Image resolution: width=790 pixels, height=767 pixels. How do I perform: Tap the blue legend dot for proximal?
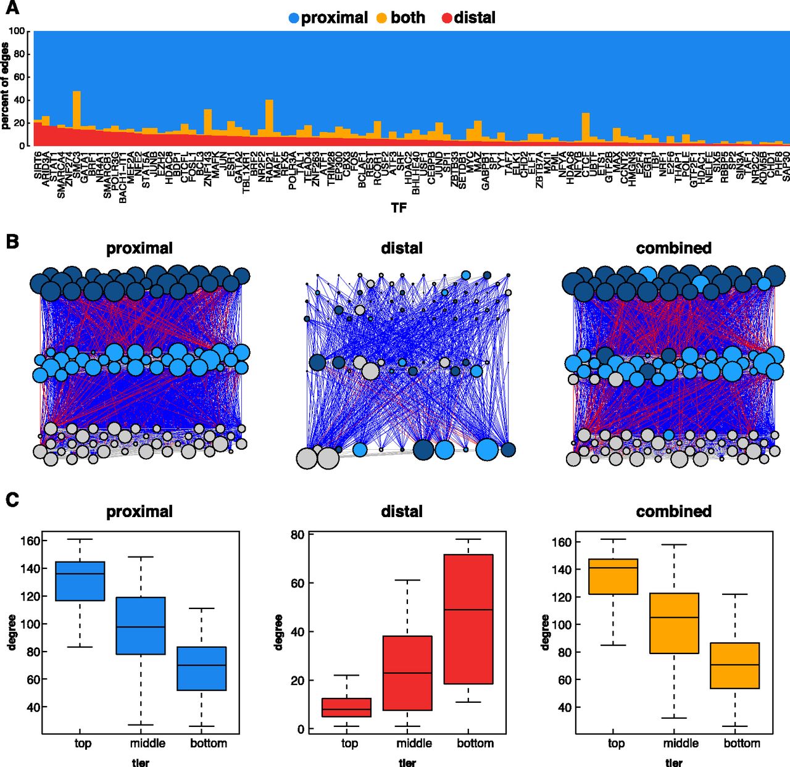coord(294,18)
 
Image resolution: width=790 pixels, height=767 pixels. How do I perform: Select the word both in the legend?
coord(407,18)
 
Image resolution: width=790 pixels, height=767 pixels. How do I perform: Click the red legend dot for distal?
coord(447,18)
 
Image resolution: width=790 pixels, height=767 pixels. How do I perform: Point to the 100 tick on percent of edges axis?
coord(17,31)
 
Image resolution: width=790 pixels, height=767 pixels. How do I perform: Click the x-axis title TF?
coord(399,208)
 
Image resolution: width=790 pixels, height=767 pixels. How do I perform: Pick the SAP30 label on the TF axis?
coord(786,167)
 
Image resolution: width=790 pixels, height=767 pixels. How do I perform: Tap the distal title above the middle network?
coord(402,248)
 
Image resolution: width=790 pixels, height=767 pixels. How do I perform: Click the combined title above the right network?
coord(673,248)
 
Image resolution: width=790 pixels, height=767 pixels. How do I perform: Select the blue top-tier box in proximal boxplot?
coord(80,581)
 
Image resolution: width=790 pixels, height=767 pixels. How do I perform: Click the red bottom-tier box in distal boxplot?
coord(468,619)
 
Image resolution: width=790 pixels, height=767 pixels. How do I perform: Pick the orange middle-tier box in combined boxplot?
coord(674,623)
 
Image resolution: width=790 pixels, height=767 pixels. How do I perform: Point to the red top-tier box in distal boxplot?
coord(347,707)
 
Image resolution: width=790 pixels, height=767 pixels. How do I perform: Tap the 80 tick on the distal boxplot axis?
coord(297,534)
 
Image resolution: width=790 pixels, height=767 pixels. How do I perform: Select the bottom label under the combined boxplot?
coord(741,744)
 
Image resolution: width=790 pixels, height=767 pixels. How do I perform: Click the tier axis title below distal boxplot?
coord(407,763)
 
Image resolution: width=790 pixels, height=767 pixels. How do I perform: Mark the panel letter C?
coord(12,499)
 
